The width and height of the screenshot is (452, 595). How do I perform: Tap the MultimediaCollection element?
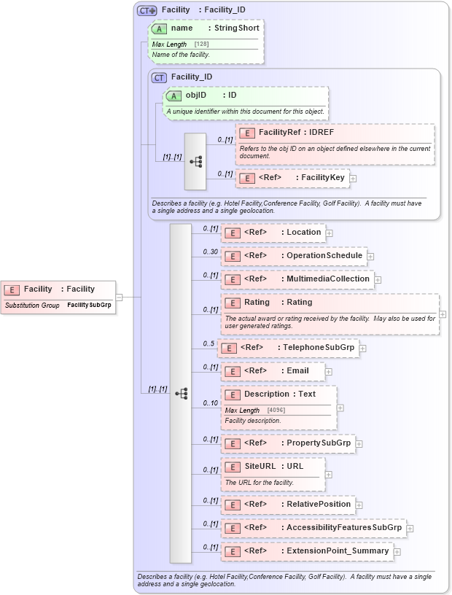[297, 279]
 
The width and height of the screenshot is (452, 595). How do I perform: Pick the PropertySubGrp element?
[288, 443]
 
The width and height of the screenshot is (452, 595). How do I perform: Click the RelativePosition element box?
[288, 505]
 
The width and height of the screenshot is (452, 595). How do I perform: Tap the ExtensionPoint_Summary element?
[307, 551]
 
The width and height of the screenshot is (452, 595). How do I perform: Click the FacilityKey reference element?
[292, 178]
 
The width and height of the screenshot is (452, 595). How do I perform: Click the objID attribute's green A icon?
[174, 96]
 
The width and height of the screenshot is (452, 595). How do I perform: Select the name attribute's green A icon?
[159, 28]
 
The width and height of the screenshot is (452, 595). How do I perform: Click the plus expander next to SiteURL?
[328, 475]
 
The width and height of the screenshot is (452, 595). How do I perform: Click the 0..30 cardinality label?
[210, 252]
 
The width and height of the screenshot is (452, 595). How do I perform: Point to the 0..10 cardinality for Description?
[210, 403]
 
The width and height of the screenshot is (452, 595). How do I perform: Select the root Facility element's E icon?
[12, 289]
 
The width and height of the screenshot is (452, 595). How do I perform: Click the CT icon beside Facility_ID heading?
[159, 77]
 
